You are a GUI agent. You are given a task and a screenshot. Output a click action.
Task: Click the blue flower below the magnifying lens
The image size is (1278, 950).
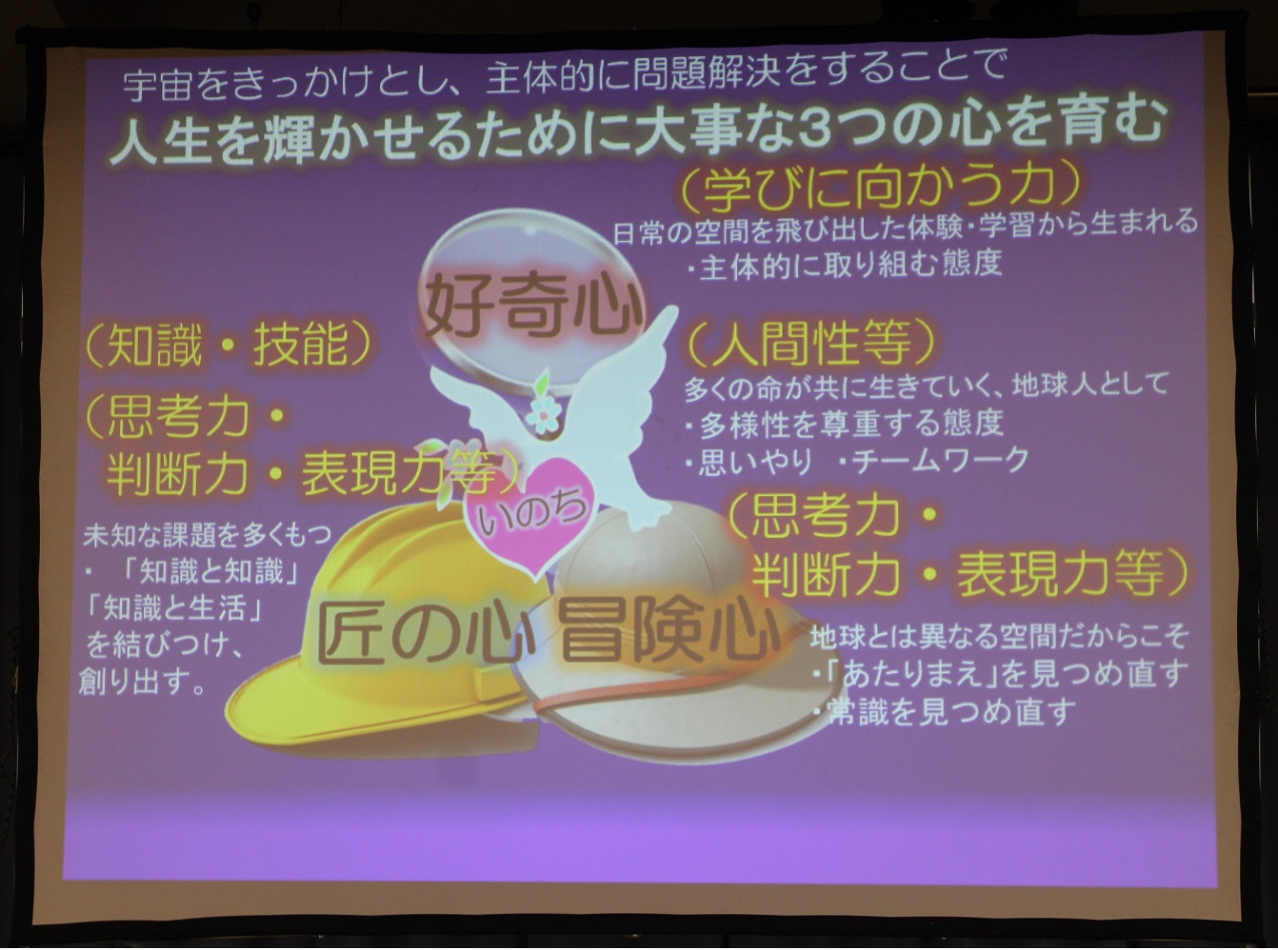click(541, 414)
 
